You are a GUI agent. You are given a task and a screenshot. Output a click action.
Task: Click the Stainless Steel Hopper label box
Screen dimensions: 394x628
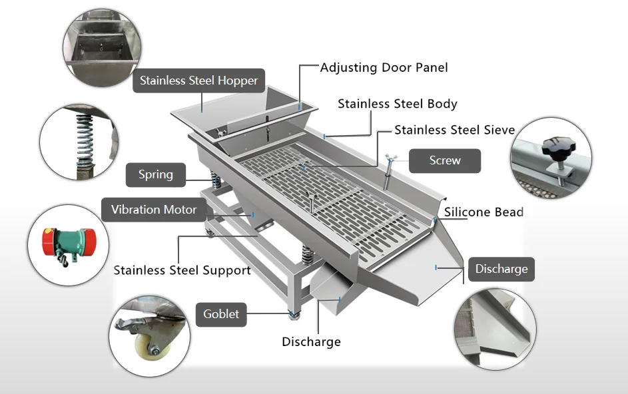tap(198, 81)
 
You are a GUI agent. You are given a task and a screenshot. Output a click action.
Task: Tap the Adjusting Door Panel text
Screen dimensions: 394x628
tap(384, 67)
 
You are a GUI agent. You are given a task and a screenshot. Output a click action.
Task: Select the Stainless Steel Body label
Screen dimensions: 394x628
tap(397, 104)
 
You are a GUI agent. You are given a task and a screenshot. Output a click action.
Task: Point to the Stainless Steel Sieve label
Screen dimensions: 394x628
tap(454, 130)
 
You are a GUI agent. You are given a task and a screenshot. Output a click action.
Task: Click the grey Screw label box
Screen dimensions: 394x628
tap(444, 160)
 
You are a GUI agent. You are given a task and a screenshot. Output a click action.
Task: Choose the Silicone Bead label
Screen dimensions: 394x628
tap(483, 212)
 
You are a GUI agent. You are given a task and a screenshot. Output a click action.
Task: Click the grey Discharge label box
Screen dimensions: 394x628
tap(501, 269)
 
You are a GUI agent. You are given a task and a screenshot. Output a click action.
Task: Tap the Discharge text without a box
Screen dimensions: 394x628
tap(311, 342)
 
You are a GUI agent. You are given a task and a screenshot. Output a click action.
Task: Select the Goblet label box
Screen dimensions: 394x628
tap(220, 313)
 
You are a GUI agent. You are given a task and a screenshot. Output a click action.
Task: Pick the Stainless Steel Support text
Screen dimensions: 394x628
tap(182, 270)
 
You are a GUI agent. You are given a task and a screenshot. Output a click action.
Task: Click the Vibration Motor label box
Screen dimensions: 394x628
tap(154, 210)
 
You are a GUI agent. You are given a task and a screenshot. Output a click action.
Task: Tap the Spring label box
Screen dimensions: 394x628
tap(155, 175)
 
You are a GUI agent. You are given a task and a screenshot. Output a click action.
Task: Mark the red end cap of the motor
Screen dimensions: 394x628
tap(49, 240)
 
